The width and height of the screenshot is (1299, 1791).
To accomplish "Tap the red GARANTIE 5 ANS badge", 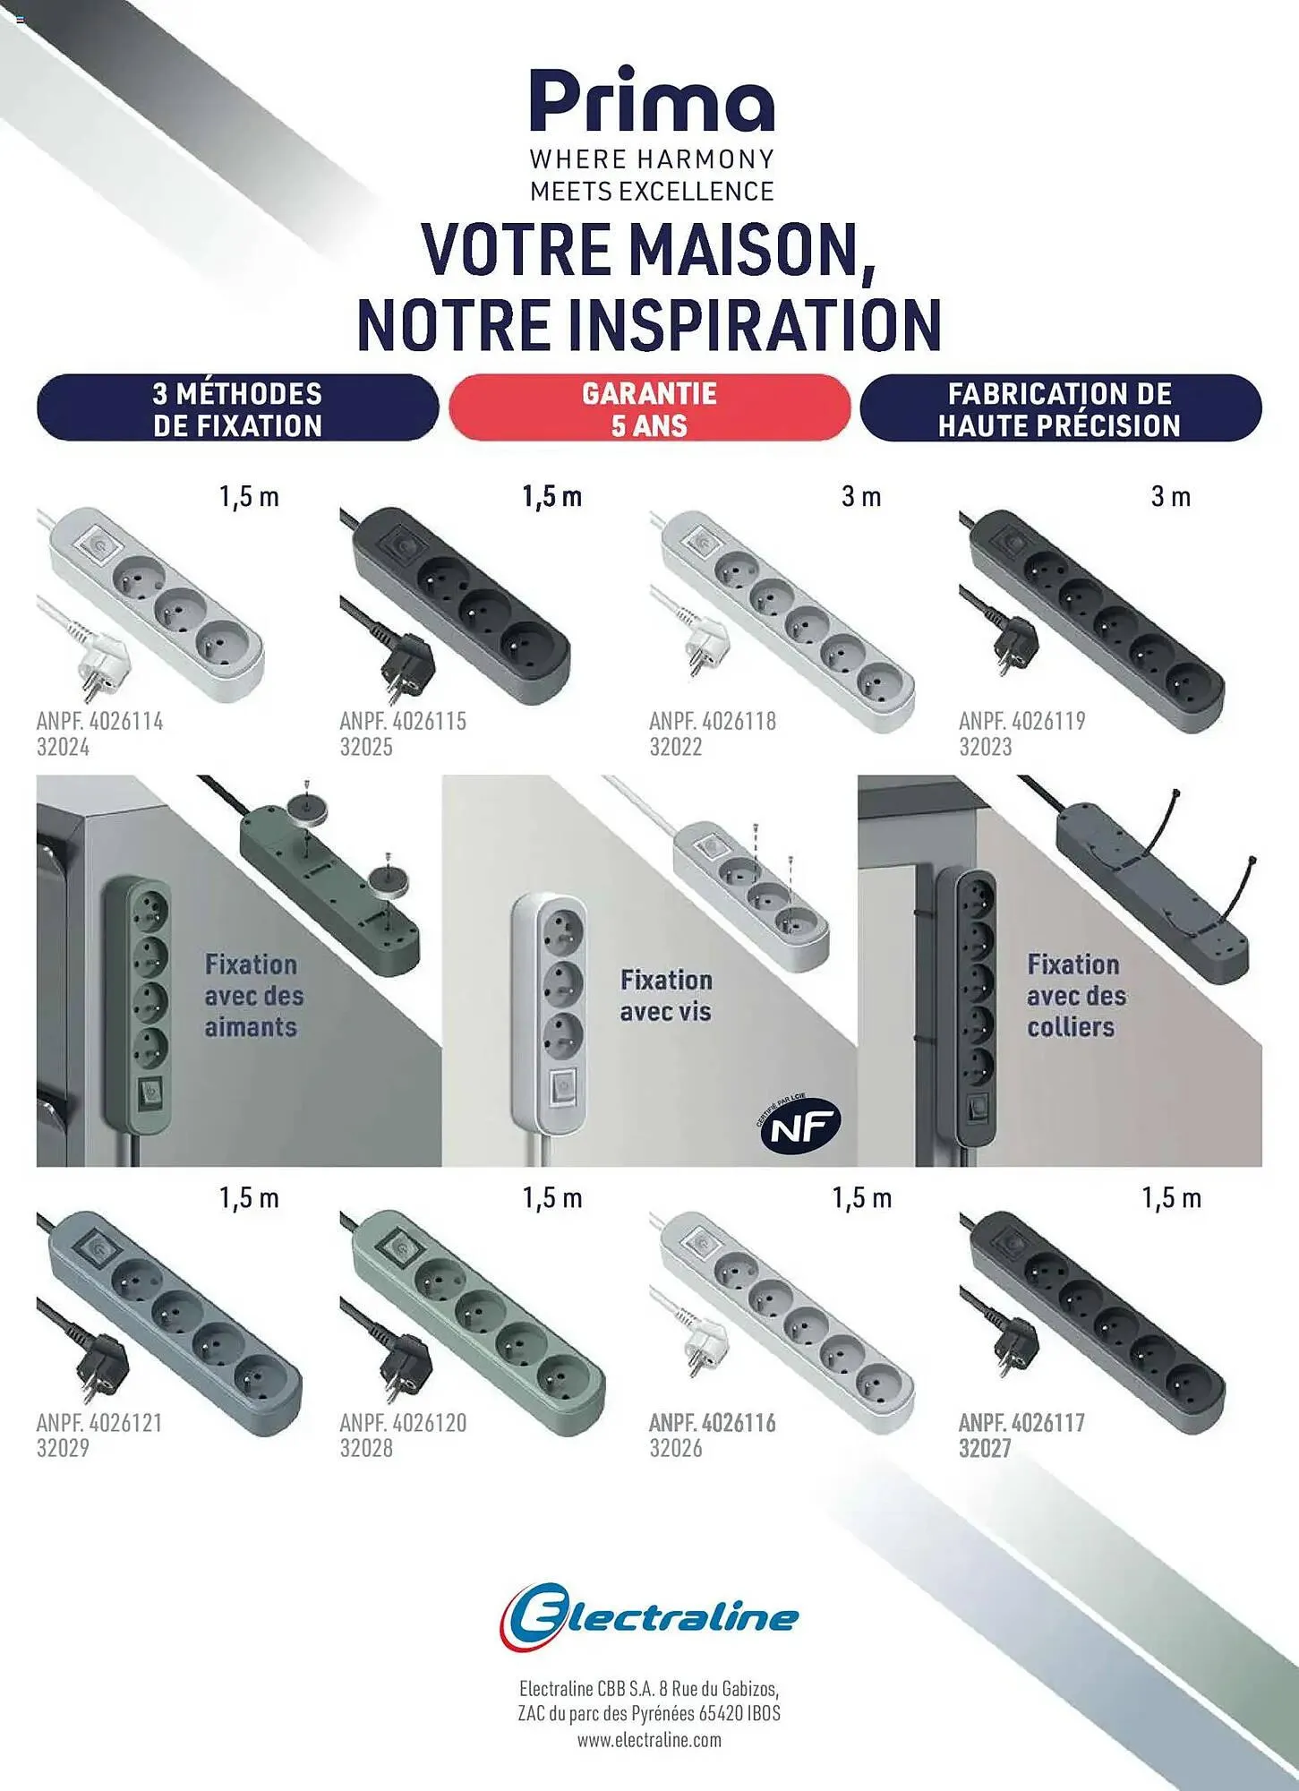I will [x=649, y=408].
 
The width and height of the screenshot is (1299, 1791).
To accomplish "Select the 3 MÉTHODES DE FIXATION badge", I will [x=237, y=408].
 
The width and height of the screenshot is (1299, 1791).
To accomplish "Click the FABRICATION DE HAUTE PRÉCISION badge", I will [x=1060, y=408].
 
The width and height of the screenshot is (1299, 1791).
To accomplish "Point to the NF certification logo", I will [x=799, y=1127].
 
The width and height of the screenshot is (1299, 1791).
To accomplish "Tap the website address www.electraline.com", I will [x=649, y=1740].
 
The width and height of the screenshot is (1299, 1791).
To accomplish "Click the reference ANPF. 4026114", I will [x=99, y=721].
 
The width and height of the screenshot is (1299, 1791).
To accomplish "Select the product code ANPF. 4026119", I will [x=1021, y=721].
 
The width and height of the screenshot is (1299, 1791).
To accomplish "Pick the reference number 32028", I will [x=366, y=1448].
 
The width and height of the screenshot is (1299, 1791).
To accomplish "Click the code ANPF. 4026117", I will [x=1021, y=1422].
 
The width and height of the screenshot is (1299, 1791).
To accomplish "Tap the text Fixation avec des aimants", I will [x=253, y=995].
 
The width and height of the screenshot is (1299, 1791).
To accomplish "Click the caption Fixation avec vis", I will [x=666, y=995].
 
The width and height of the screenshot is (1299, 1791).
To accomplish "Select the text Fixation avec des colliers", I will [x=1076, y=995].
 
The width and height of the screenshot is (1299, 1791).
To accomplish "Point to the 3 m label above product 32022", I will [x=861, y=496].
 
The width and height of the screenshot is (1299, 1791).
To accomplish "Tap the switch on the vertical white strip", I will [x=561, y=1087].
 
